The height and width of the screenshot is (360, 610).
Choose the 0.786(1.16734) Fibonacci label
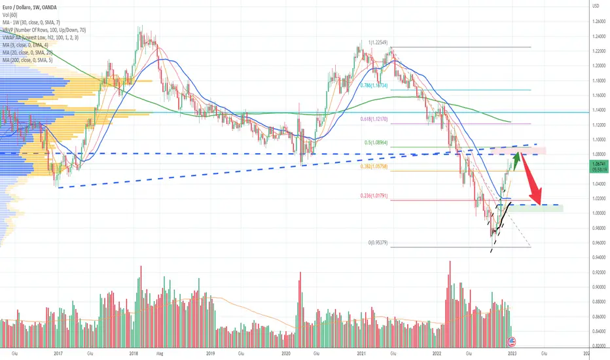click(375, 85)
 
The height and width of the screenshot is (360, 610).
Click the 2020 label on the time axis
click(285, 353)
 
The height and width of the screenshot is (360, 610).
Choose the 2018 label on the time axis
click(134, 353)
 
